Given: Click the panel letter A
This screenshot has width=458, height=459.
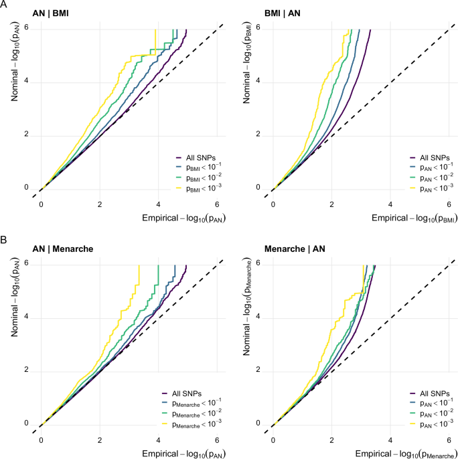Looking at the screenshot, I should [x=5, y=5].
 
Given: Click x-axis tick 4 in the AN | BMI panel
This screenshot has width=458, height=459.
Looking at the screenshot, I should [x=158, y=203].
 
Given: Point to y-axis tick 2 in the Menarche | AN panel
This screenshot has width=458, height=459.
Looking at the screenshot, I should [x=259, y=370].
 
